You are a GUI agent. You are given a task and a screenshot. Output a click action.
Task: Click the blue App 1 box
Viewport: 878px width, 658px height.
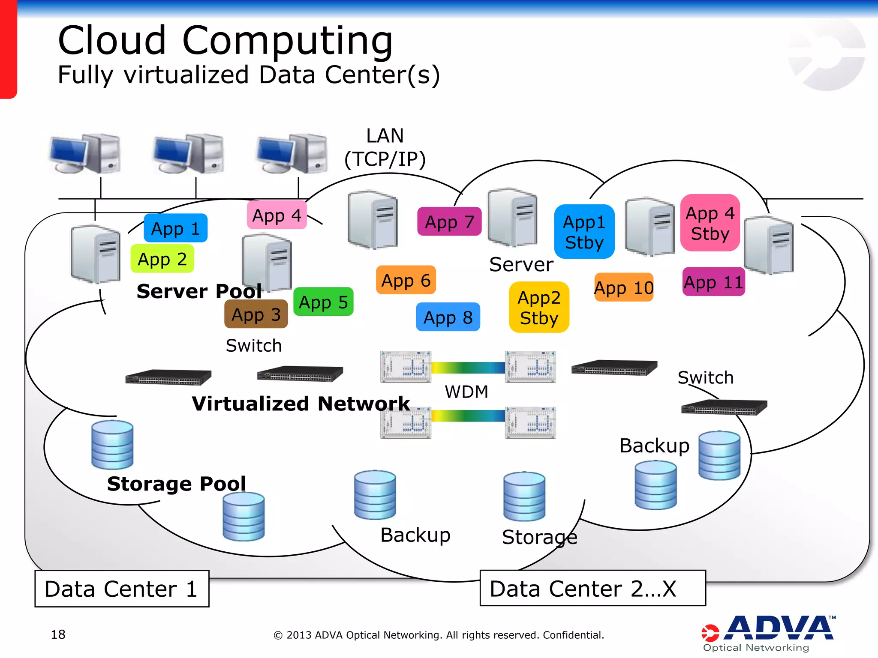point(175,228)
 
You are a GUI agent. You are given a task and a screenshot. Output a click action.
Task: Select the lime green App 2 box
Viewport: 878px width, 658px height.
point(162,259)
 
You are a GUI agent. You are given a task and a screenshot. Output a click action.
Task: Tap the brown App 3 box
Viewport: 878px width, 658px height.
point(256,314)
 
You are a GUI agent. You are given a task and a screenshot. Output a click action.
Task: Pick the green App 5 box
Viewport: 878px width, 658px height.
point(323,302)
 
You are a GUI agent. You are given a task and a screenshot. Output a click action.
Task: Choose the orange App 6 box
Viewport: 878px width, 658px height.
point(406,280)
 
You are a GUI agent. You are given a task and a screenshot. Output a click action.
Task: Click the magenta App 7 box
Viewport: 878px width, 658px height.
point(449,221)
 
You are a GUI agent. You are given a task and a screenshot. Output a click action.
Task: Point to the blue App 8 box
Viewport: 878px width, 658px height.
point(448,317)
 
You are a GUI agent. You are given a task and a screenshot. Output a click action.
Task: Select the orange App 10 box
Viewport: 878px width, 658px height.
point(623,287)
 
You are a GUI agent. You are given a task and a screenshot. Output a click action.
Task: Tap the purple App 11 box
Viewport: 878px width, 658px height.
point(713,282)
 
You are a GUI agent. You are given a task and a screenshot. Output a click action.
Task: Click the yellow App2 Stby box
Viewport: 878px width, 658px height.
point(539,307)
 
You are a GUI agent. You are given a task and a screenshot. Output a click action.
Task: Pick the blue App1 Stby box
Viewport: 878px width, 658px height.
point(584,232)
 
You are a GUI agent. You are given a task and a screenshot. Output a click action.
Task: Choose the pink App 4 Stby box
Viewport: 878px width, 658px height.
point(710,223)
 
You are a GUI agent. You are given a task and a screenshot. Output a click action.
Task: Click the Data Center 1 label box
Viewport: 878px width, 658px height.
point(122,589)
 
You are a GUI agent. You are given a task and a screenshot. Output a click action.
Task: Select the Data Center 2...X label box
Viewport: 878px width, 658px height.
point(592,588)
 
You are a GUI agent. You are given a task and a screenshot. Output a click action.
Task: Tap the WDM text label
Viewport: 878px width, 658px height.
point(466,392)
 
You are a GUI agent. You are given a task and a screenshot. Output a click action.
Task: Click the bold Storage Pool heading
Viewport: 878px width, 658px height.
point(176,483)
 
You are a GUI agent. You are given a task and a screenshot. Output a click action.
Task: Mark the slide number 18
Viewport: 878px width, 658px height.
point(58,634)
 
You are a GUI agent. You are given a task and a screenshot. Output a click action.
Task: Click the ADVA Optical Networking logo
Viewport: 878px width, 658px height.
point(768,633)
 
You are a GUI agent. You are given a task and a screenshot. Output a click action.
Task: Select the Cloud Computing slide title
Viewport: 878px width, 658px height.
point(226,40)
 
